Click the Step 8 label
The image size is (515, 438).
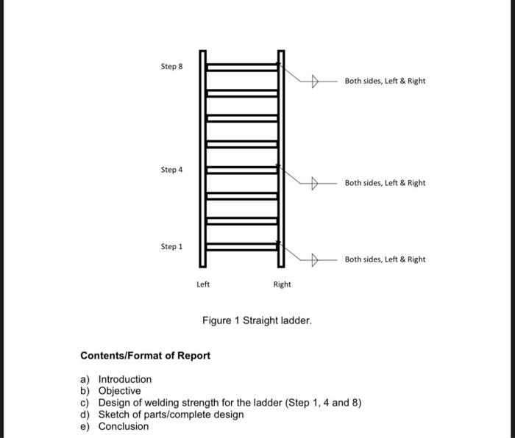tap(171, 67)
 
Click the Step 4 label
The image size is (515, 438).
tap(171, 170)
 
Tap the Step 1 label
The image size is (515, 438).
tap(171, 247)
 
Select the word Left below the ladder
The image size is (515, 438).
tap(203, 284)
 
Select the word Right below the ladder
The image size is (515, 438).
tap(282, 284)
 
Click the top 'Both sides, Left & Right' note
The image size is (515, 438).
tap(385, 81)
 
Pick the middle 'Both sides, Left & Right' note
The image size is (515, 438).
tap(385, 182)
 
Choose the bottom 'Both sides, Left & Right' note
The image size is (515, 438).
tap(385, 259)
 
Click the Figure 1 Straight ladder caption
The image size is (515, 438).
tap(257, 321)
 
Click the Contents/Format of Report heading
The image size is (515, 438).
tap(145, 356)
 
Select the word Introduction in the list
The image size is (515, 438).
tap(125, 379)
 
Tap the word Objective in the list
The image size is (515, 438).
tap(119, 391)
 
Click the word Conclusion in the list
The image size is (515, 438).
tap(123, 426)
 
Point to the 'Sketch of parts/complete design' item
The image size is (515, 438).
tap(171, 414)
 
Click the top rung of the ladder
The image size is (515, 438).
tap(241, 68)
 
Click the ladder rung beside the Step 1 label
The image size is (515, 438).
tap(241, 246)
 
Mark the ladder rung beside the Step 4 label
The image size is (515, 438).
tap(241, 170)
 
